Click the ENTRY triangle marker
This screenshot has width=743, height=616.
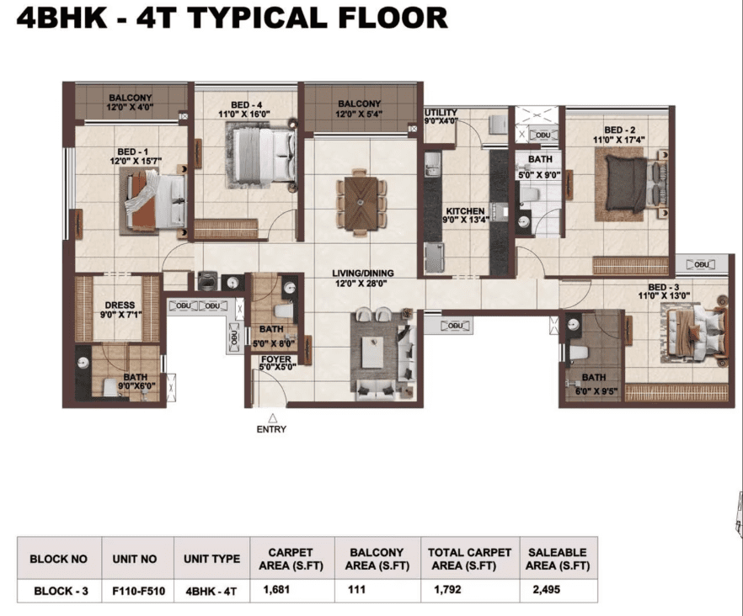[272, 418]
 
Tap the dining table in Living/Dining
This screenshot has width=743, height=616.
[361, 203]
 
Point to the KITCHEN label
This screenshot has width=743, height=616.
[465, 210]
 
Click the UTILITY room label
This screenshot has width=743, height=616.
[441, 112]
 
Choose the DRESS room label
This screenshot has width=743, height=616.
[120, 305]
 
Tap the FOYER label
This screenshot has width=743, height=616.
[275, 359]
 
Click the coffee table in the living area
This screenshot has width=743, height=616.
[372, 352]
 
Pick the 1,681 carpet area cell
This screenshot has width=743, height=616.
[276, 589]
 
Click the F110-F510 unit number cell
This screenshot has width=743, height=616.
[138, 591]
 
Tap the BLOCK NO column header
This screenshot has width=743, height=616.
[58, 559]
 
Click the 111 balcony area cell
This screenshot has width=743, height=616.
[357, 589]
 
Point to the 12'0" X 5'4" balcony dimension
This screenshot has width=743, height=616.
[359, 114]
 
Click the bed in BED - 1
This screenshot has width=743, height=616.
[155, 201]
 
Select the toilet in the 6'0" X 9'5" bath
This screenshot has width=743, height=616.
[579, 353]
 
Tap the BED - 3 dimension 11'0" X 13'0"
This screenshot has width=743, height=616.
[664, 296]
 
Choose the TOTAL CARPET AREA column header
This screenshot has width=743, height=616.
[469, 559]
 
